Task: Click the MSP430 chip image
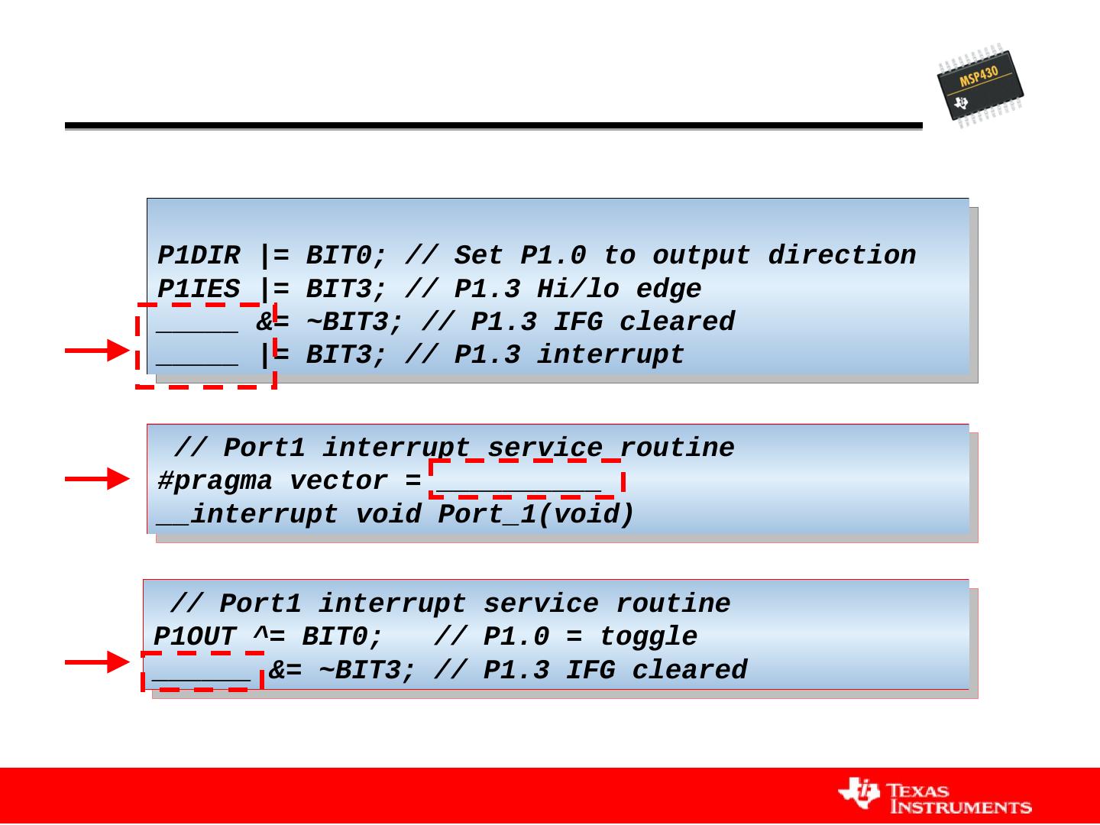pos(980,86)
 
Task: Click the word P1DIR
pos(199,255)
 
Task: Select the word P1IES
pos(199,289)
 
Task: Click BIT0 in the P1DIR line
pos(338,255)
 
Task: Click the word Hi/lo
pos(577,289)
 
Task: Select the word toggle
pos(649,637)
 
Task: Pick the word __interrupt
pos(247,515)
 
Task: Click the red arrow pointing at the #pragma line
pos(97,479)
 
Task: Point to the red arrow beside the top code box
pos(97,351)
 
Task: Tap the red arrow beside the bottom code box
pos(97,662)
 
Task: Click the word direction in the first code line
pos(842,255)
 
